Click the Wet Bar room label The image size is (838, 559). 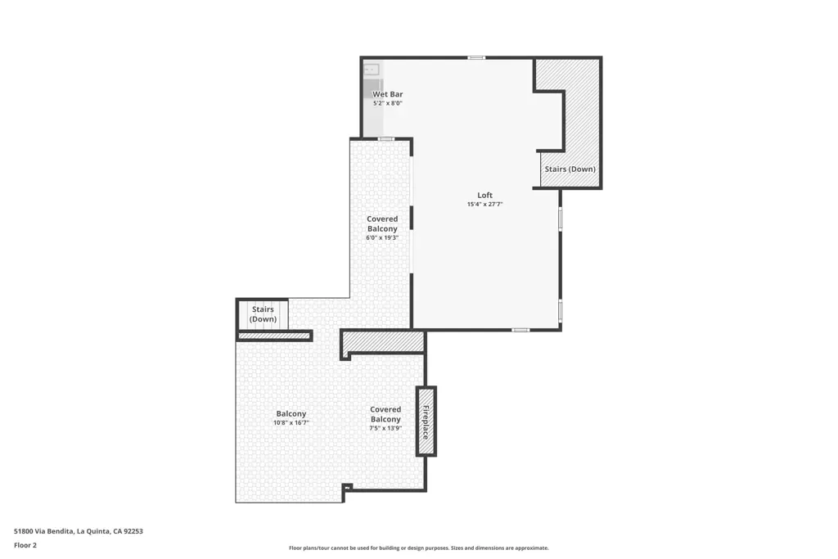(387, 95)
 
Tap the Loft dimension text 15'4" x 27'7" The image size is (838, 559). (484, 204)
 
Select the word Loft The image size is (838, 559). (484, 195)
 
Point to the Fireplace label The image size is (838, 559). (426, 422)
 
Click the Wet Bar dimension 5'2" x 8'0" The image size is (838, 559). (387, 103)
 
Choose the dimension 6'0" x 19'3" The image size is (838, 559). (382, 238)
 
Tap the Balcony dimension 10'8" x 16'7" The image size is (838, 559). (291, 422)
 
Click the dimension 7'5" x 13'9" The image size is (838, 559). (385, 428)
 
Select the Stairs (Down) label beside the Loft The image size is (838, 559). (570, 169)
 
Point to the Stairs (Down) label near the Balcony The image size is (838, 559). (263, 314)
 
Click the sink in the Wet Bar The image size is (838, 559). (372, 70)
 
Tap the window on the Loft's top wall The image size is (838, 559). (476, 58)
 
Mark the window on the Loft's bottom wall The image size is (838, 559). (520, 330)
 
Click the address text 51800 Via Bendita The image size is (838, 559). (44, 531)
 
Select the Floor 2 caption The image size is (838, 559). (25, 545)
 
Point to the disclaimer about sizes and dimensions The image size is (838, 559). (418, 548)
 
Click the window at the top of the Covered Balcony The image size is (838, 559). (386, 139)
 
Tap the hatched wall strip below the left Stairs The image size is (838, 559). (274, 336)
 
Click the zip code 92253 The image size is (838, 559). (133, 531)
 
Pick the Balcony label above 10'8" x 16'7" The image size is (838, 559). (291, 413)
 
